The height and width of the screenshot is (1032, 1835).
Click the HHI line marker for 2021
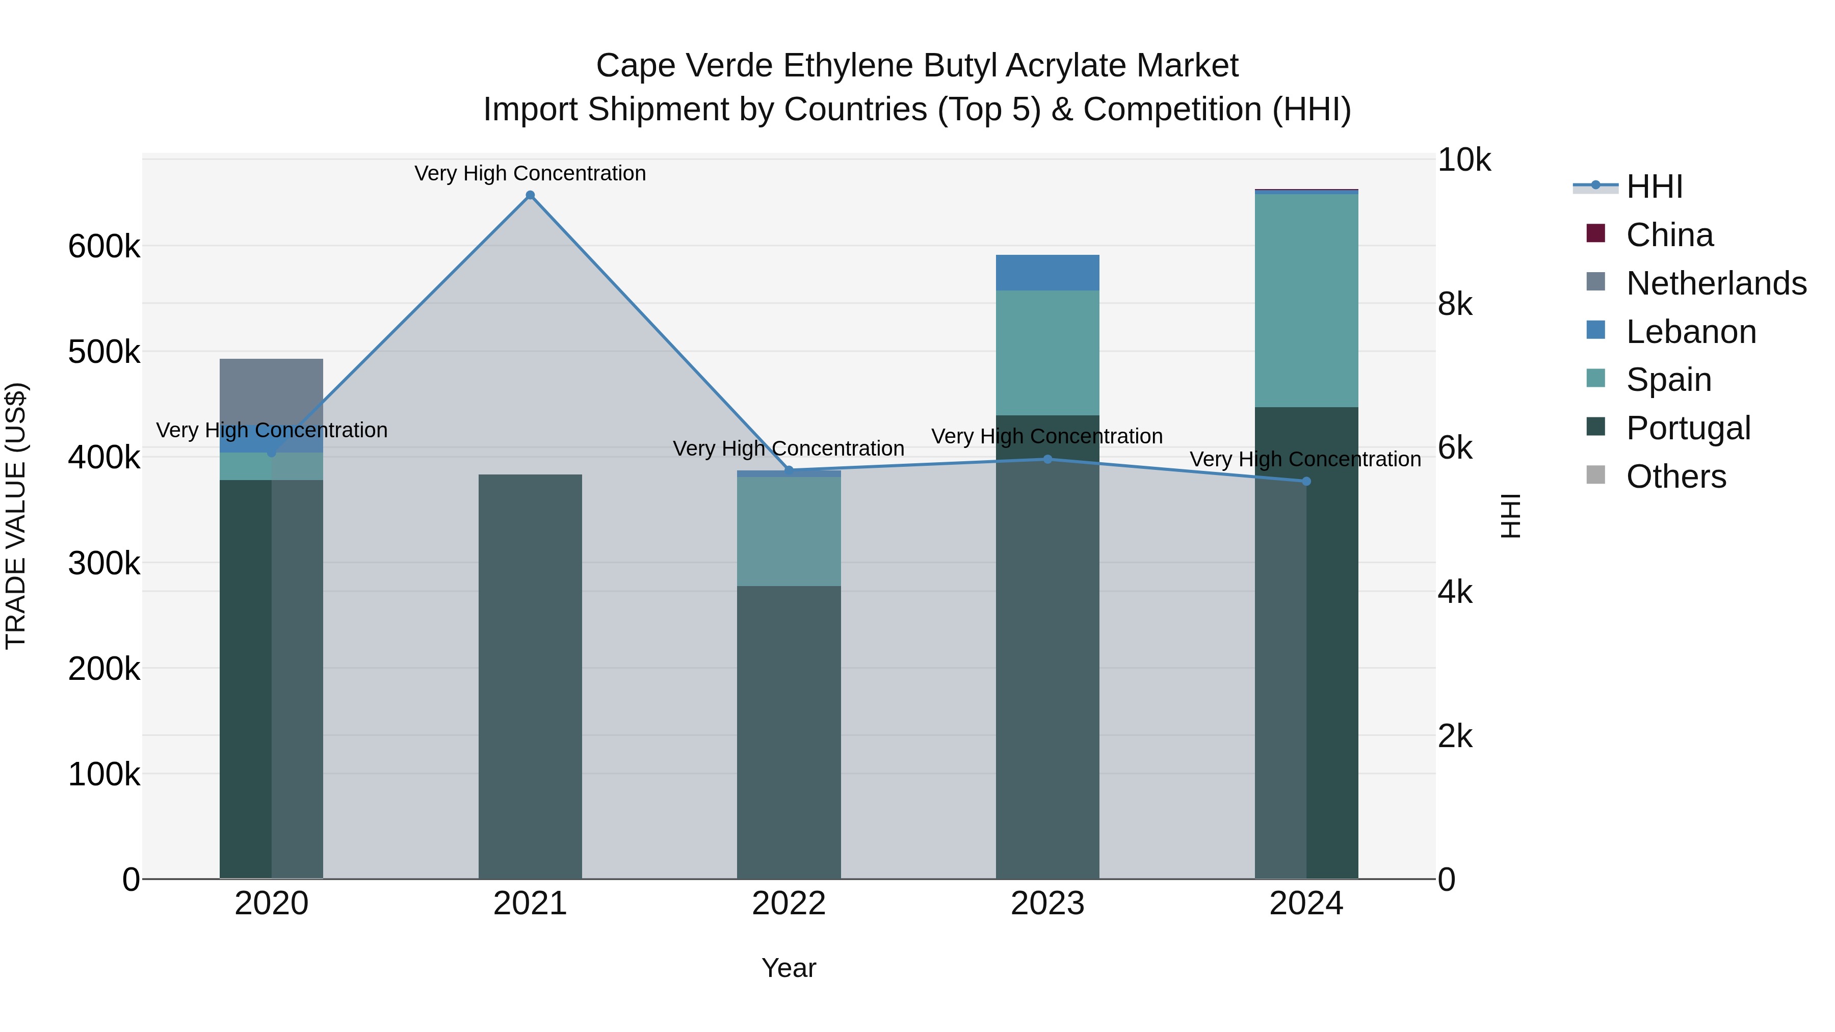[530, 195]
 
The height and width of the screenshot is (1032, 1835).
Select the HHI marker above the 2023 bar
[1047, 459]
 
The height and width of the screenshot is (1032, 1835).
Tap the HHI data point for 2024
[1306, 482]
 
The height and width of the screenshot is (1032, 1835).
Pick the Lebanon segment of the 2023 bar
[1047, 273]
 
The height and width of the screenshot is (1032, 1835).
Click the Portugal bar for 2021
[530, 677]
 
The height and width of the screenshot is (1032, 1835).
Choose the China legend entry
[1669, 235]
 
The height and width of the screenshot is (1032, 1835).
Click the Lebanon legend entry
[1690, 332]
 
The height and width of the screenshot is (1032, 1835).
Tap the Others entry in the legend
[1675, 477]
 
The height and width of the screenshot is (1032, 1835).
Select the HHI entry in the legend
[1654, 187]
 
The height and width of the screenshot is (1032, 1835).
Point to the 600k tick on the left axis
[104, 247]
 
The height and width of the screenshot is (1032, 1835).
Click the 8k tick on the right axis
[1455, 304]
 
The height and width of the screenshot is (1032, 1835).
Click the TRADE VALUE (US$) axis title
[16, 516]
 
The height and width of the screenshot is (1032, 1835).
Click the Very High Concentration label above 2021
[530, 173]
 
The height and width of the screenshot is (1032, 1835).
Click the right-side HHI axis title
[1510, 516]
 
